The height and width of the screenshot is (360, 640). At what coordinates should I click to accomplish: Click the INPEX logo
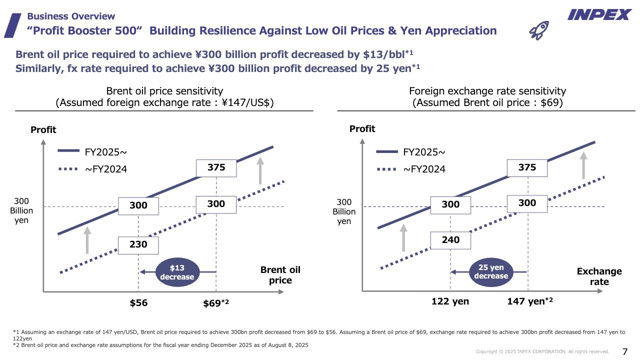pyautogui.click(x=599, y=15)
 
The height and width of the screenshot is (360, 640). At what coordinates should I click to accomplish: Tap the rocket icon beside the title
pyautogui.click(x=538, y=30)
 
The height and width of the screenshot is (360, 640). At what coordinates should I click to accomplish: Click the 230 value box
pyautogui.click(x=138, y=244)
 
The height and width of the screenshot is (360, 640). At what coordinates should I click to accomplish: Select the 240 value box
pyautogui.click(x=450, y=240)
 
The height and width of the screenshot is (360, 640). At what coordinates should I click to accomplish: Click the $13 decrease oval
pyautogui.click(x=176, y=272)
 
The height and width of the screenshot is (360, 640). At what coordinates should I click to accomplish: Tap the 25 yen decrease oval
pyautogui.click(x=491, y=272)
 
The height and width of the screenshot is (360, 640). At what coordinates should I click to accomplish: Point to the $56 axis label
pyautogui.click(x=138, y=302)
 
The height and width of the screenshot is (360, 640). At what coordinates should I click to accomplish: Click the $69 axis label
pyautogui.click(x=216, y=302)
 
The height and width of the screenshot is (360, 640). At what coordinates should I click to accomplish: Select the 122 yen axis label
pyautogui.click(x=450, y=301)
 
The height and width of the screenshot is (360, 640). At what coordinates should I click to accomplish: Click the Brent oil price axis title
pyautogui.click(x=280, y=275)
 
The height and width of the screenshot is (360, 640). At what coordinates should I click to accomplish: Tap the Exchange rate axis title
pyautogui.click(x=599, y=276)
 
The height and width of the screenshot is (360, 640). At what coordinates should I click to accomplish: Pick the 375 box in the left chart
pyautogui.click(x=216, y=168)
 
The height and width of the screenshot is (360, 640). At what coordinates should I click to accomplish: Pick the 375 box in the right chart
pyautogui.click(x=527, y=167)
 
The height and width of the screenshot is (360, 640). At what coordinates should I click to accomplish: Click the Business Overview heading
pyautogui.click(x=70, y=16)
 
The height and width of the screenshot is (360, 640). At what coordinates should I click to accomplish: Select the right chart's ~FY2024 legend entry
pyautogui.click(x=411, y=169)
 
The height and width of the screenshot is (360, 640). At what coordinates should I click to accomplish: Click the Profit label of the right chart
pyautogui.click(x=362, y=129)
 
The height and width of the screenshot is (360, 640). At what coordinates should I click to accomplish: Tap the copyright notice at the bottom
pyautogui.click(x=542, y=352)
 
